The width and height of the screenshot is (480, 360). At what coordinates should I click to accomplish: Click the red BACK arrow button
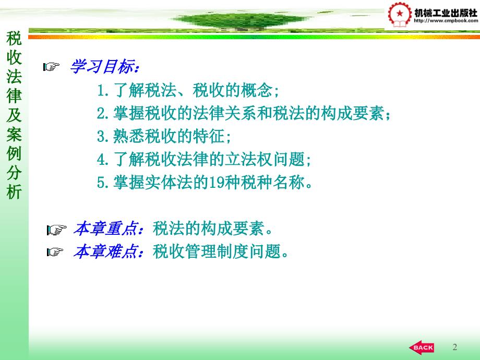coord(422,347)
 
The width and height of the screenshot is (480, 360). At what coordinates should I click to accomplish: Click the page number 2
coord(454,347)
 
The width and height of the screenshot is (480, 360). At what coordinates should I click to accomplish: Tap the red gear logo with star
coord(400,15)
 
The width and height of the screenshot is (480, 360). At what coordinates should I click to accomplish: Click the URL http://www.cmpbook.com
coord(446,21)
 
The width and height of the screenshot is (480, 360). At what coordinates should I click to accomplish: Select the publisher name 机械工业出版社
coord(446,13)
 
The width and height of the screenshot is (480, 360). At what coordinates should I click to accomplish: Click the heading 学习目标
coord(104,66)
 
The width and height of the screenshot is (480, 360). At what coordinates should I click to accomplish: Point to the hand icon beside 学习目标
coord(51,66)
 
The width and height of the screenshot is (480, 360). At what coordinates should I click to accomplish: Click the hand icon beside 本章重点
coord(56,230)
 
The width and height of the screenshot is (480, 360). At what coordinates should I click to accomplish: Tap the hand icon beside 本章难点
coord(55,251)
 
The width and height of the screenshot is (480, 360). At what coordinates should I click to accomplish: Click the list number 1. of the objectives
coord(103,90)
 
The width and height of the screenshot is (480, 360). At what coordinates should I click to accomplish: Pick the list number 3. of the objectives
coord(103,136)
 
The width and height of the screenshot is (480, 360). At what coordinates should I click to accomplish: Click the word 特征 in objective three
coord(209,136)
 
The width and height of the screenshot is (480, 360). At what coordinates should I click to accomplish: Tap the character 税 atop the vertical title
coord(14,38)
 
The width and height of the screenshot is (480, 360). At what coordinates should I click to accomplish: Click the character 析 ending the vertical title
coord(14,192)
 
